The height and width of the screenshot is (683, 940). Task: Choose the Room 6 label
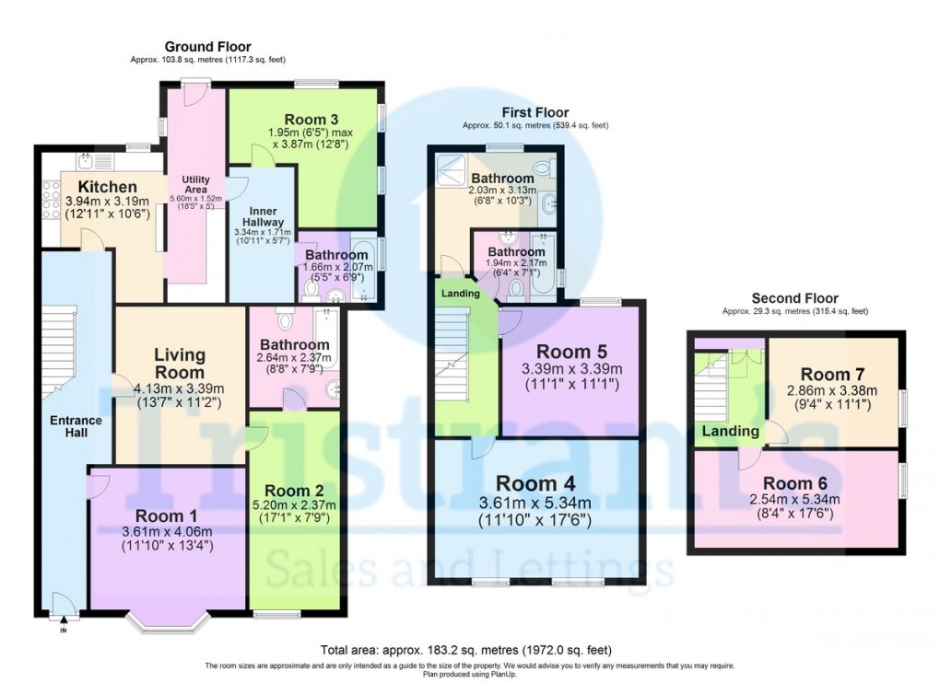point(795,483)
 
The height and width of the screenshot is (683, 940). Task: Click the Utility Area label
point(196,185)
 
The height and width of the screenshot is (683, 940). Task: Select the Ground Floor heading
point(207,47)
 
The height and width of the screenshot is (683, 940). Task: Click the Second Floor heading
point(794,298)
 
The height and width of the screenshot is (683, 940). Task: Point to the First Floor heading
point(535,112)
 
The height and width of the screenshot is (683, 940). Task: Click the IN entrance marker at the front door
point(64,631)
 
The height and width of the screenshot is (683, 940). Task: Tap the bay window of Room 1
point(167,624)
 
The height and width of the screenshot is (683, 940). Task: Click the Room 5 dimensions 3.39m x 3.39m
point(571,370)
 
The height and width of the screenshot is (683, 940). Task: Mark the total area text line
point(465,649)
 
